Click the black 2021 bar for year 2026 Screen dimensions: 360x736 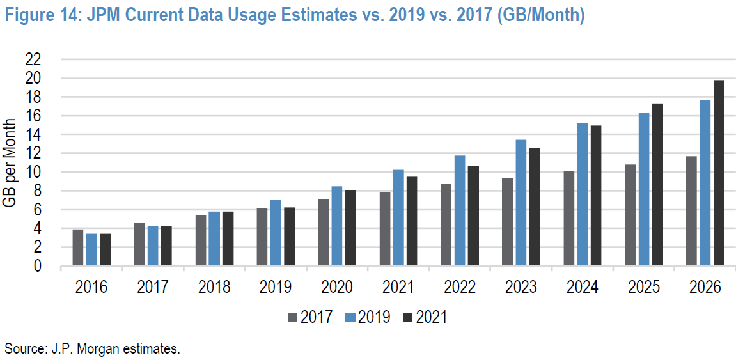point(719,173)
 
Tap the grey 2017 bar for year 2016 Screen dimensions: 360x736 point(78,247)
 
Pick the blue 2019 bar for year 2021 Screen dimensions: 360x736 point(398,217)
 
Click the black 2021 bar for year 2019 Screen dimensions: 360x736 point(290,236)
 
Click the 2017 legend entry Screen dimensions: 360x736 point(310,317)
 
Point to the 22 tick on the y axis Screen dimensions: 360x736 point(33,59)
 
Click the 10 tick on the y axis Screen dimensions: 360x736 point(33,172)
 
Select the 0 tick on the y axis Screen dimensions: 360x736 point(38,266)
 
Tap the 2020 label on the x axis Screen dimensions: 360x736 point(337,287)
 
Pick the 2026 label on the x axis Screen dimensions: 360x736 point(705,287)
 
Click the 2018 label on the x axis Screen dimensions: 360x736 point(214,287)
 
